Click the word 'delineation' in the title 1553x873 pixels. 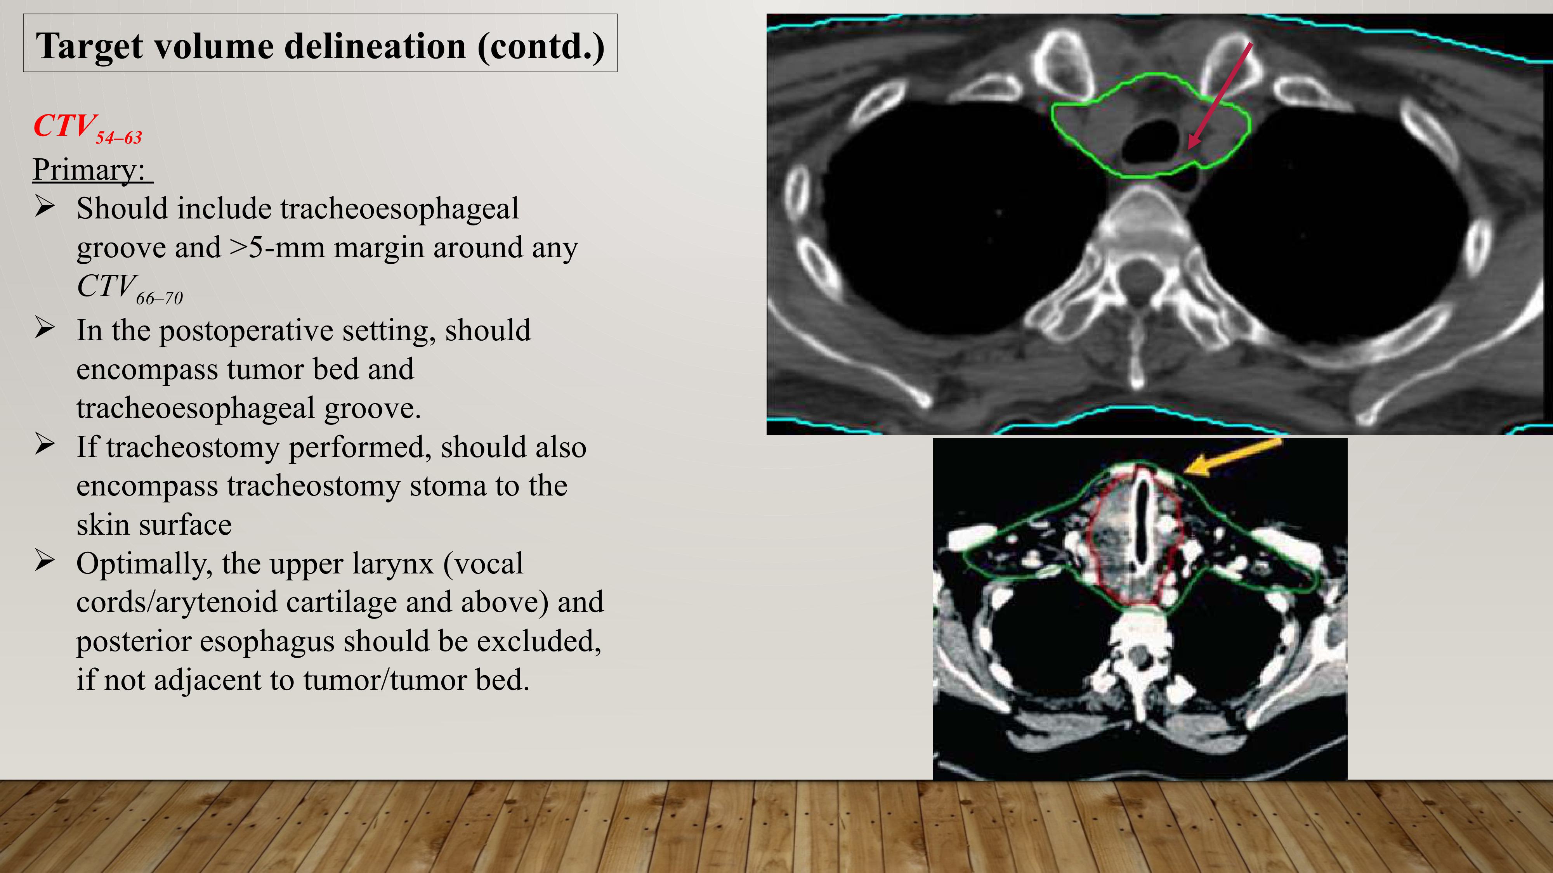(x=375, y=47)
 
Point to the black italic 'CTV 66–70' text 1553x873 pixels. (x=130, y=288)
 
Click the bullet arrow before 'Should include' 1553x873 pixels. (x=45, y=207)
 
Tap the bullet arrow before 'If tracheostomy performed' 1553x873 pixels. (x=45, y=445)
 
